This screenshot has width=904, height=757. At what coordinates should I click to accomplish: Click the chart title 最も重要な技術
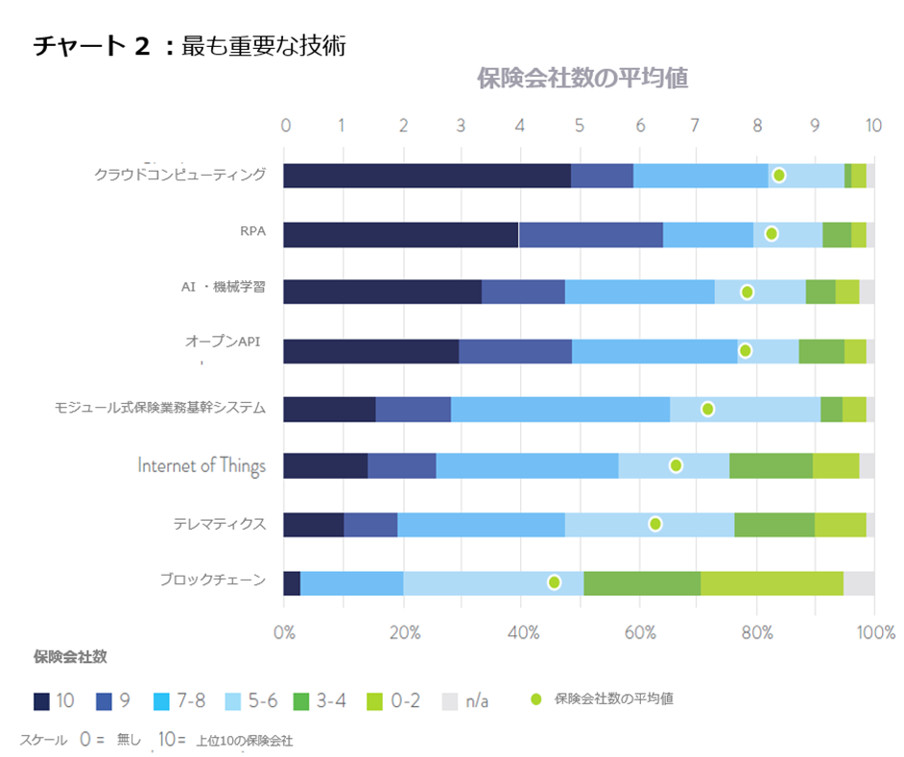264,45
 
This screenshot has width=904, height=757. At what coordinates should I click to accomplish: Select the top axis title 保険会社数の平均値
583,79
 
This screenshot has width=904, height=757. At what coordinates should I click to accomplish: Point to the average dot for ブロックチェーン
554,582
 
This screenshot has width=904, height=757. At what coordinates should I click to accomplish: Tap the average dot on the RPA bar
772,233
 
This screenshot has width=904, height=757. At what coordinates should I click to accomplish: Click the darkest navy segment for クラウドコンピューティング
427,176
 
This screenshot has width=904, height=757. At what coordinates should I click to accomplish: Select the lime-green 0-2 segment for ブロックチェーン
772,583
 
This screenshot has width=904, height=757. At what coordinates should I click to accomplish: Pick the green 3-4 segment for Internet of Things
772,466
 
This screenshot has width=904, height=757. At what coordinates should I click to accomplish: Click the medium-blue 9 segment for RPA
591,235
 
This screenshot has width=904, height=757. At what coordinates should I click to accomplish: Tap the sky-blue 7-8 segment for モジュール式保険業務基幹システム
560,410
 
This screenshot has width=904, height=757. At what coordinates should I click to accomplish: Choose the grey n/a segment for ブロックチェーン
859,583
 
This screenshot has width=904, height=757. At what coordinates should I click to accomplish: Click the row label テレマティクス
220,524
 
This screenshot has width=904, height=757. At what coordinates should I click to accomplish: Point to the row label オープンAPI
223,342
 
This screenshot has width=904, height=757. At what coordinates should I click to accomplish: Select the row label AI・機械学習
223,287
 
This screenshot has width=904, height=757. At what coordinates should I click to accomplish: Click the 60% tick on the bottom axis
640,632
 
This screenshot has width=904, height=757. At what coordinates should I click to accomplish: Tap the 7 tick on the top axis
696,125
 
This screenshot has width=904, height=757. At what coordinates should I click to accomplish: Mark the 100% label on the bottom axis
876,632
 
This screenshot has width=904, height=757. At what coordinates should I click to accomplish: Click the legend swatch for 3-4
301,701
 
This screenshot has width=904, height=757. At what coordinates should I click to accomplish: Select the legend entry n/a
465,701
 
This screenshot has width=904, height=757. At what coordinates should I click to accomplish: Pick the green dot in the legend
536,699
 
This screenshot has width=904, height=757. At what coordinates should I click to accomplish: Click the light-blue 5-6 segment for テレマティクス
650,525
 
